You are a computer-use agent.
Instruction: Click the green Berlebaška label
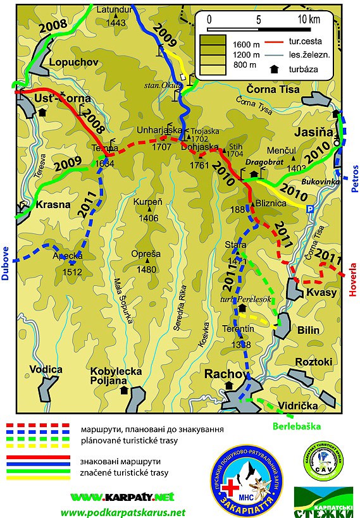(297, 426)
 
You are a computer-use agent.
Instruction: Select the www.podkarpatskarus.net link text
(123, 512)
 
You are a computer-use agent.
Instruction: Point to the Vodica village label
(49, 369)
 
